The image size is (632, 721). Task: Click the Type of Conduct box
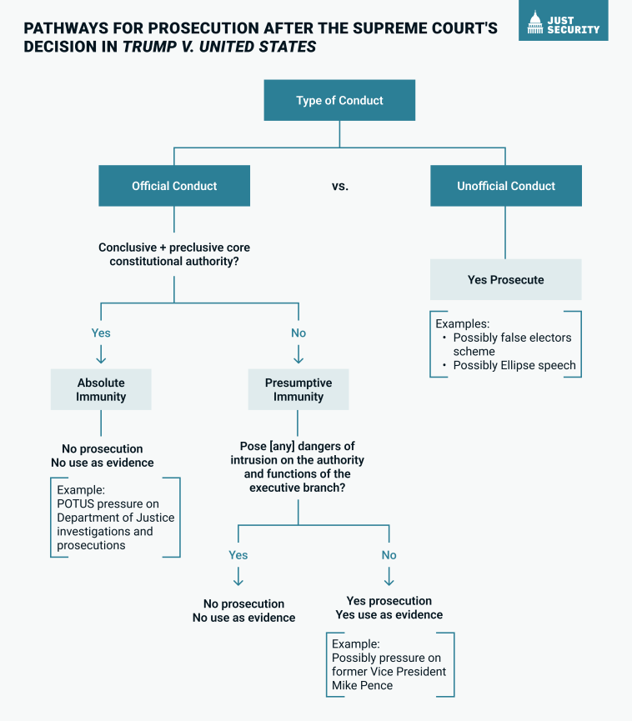[339, 100]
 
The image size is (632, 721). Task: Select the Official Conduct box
[174, 186]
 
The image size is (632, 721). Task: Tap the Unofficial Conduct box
[506, 186]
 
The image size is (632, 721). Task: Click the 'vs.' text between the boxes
[340, 186]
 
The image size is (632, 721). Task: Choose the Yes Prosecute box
[506, 279]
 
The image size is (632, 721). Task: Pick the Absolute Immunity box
[101, 389]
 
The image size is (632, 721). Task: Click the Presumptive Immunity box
[298, 389]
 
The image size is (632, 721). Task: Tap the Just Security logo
[564, 21]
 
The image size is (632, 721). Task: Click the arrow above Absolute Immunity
[101, 354]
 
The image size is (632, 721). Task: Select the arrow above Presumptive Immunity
[298, 354]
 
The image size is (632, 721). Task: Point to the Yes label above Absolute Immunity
[101, 333]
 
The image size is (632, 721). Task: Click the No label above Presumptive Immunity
[298, 333]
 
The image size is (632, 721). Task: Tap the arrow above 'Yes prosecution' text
[389, 577]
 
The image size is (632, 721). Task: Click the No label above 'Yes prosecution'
[389, 555]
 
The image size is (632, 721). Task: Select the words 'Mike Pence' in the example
[363, 685]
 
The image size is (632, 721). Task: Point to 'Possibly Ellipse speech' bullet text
[514, 365]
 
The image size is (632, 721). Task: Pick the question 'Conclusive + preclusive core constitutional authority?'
[174, 254]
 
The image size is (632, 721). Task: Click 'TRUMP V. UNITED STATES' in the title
[219, 47]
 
